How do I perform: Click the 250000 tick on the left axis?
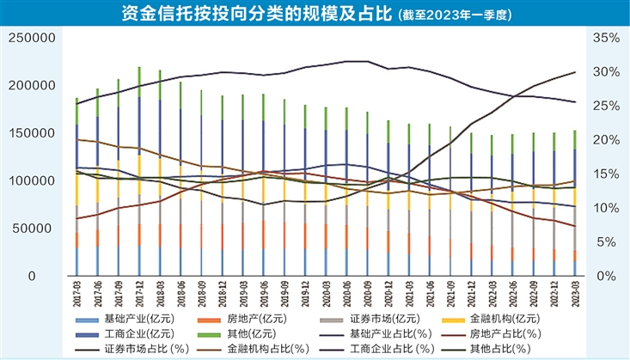pos(34,38)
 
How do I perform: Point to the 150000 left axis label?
pos(34,133)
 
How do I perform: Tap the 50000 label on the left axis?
pos(37,229)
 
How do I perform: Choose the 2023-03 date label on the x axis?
pos(574,300)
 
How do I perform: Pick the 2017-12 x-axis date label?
pos(140,300)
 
